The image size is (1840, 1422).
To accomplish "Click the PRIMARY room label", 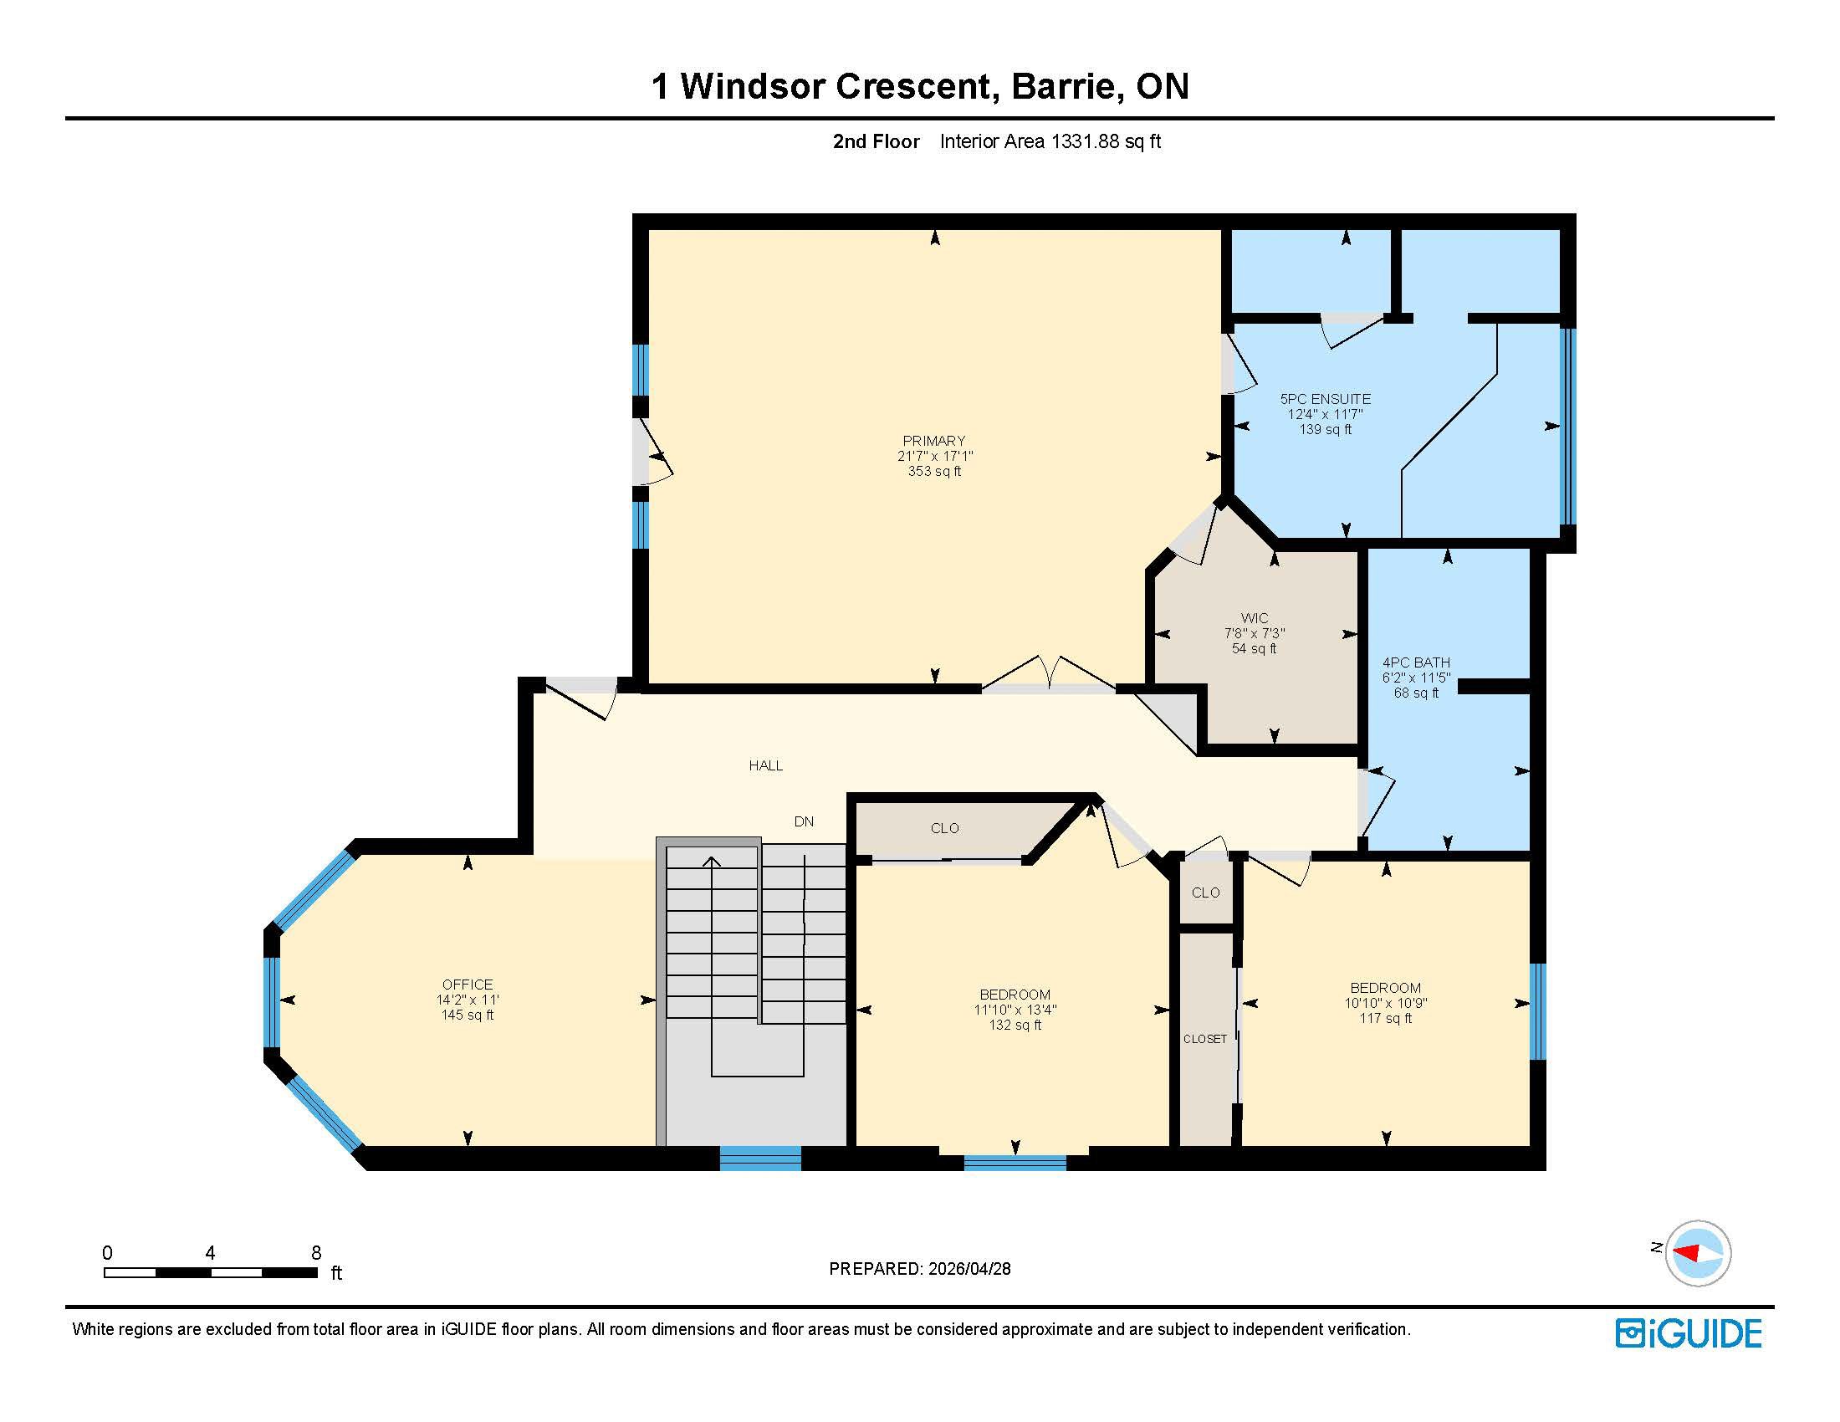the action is point(934,441).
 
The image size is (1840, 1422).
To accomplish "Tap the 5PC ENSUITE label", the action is point(1326,399).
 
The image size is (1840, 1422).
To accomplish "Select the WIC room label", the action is point(1255,618).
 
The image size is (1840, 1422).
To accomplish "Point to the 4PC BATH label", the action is point(1416,663).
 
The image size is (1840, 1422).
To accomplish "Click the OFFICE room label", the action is point(468,985).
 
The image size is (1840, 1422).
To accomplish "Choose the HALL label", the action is point(766,765).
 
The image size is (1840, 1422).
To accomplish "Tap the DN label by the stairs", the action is point(804,821).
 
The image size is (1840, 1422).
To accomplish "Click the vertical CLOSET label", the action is point(1204,1040).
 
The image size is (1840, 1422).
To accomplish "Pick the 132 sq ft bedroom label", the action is point(1015,995).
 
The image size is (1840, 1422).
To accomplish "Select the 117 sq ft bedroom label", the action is point(1386,988).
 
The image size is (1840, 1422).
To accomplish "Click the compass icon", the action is point(1698,1253).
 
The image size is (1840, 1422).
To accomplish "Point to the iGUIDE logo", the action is point(1689,1333).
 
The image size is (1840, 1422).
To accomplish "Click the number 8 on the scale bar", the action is point(316,1253).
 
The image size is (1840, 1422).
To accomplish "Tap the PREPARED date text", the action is point(920,1269).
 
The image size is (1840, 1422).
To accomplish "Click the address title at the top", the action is point(920,86).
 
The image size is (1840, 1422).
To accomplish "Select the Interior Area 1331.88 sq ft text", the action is point(1050,141).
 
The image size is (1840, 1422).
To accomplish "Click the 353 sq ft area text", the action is point(934,472).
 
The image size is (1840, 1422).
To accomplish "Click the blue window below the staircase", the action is point(760,1159).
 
